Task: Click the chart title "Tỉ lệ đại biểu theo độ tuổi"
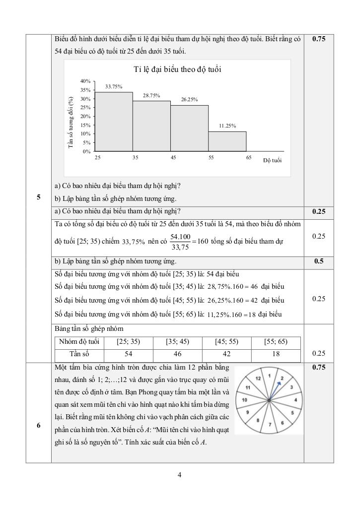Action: pos(177,69)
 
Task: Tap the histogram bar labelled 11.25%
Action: pos(227,141)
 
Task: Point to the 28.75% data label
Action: pos(151,95)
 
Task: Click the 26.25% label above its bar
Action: pos(189,100)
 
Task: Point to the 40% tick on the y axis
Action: pos(84,81)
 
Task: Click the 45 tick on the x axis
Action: pos(173,157)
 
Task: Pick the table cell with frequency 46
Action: pos(177,354)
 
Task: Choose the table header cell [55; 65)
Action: pos(276,342)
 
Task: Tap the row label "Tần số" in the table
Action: pos(79,354)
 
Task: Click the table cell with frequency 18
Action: pos(276,354)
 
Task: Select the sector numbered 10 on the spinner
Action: pos(245,400)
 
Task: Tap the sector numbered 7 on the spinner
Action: pos(269,424)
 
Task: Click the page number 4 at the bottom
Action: pos(180,475)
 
